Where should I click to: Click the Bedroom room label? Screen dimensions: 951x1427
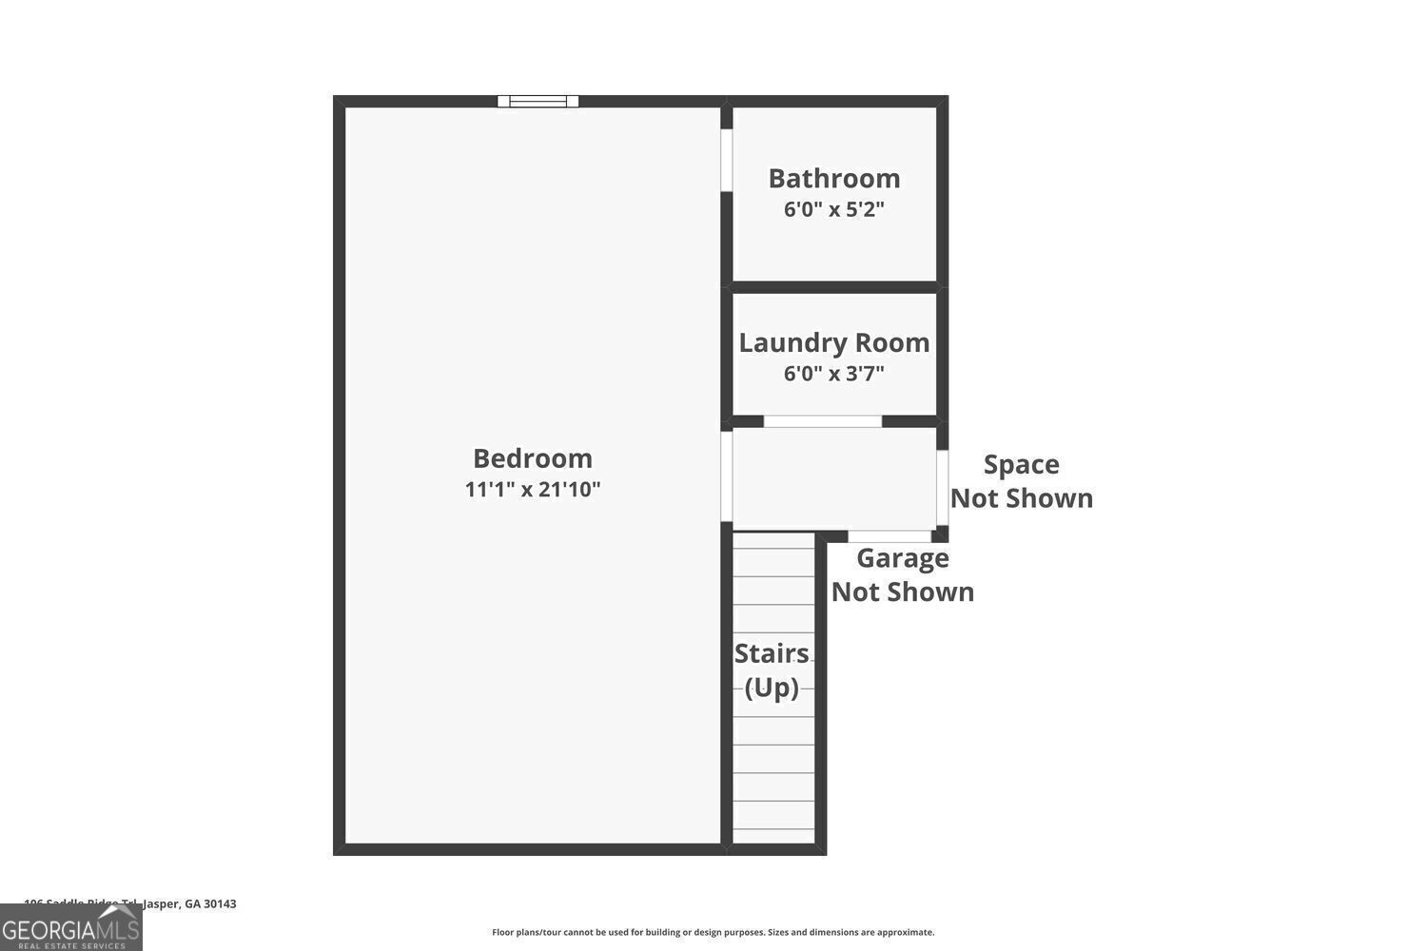coord(533,458)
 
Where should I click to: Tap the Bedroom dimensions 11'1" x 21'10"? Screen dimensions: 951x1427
coord(533,490)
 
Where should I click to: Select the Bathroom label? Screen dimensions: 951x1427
coord(834,179)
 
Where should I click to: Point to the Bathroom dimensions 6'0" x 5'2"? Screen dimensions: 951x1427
coord(834,209)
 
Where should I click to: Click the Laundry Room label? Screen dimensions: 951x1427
coord(834,342)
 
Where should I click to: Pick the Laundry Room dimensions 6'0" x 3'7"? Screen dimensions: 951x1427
coord(834,374)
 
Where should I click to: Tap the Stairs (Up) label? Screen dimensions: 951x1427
coord(772,670)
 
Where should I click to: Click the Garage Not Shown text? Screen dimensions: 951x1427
coord(903,574)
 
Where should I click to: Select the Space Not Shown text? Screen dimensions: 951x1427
coord(1022,481)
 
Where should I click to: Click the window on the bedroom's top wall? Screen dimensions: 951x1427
coord(538,101)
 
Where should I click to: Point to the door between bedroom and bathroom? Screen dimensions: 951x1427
coord(726,160)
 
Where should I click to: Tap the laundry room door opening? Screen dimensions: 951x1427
coord(823,421)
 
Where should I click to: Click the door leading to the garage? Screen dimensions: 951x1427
coord(889,536)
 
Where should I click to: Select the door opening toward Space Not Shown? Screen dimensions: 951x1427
coord(942,487)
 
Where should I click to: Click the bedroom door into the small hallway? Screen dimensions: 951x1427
coord(726,475)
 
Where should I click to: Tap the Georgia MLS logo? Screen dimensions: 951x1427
coord(70,927)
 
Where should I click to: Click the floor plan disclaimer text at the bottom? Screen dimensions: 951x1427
coord(713,932)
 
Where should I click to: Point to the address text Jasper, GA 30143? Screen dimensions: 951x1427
coord(189,903)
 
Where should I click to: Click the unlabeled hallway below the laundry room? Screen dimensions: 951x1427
coord(833,478)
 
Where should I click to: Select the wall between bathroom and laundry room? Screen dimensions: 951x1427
coord(834,286)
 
